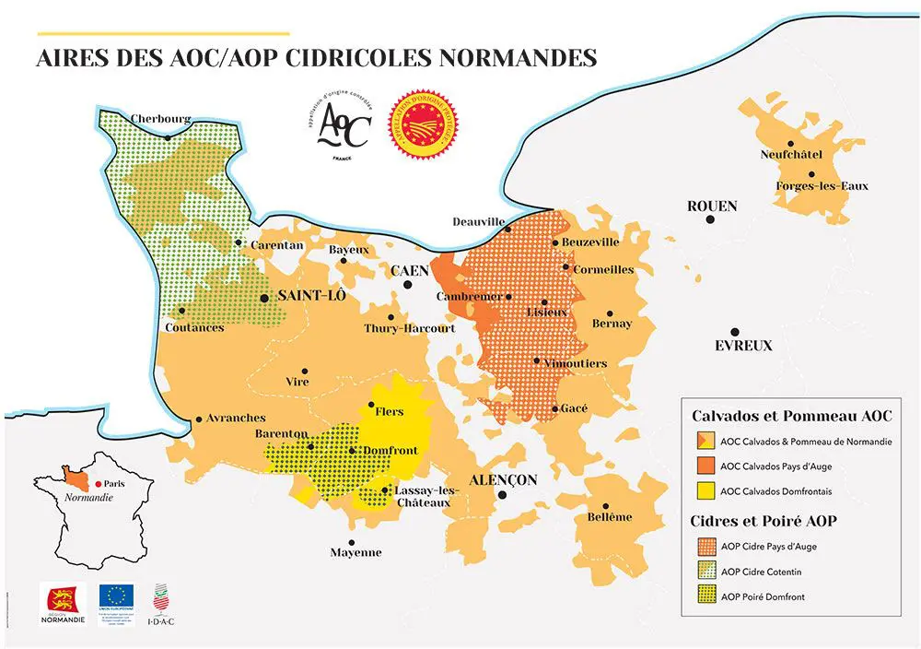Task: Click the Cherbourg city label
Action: pyautogui.click(x=160, y=119)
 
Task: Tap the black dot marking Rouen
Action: pyautogui.click(x=710, y=219)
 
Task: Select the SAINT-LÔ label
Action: pyautogui.click(x=305, y=296)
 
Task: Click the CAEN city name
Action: pyautogui.click(x=410, y=271)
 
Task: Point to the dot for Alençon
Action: pyautogui.click(x=502, y=495)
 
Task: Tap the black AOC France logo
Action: pyautogui.click(x=343, y=127)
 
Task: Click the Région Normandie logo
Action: pyautogui.click(x=63, y=602)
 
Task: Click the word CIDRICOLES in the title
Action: pyautogui.click(x=334, y=58)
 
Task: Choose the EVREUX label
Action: pyautogui.click(x=743, y=346)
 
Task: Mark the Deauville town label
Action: pyautogui.click(x=479, y=222)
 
